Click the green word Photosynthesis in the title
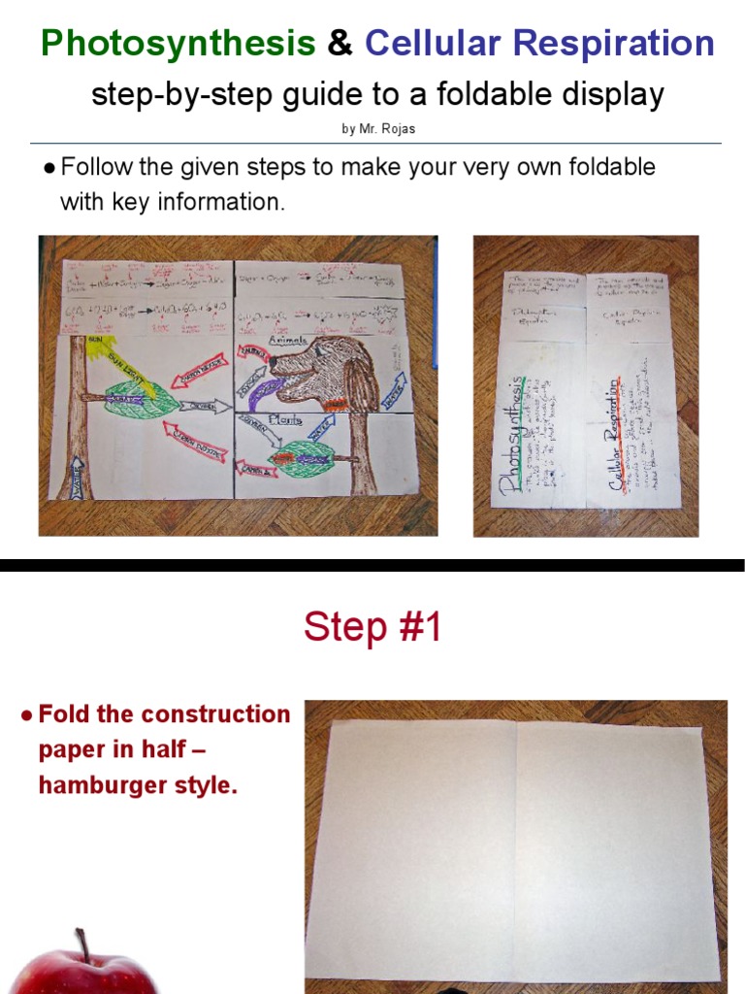(178, 44)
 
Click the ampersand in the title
(340, 44)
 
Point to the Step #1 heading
(372, 627)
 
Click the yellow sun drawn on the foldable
(96, 345)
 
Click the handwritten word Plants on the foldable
(291, 421)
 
